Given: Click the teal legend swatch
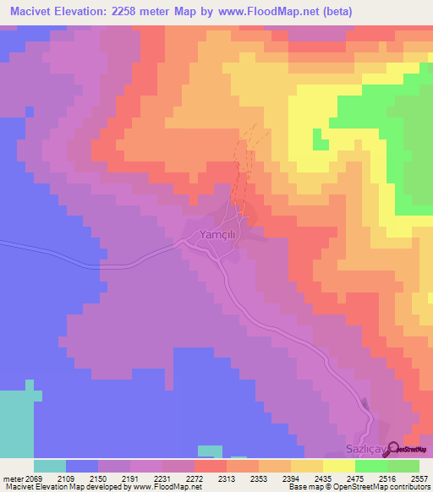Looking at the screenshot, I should coord(50,466).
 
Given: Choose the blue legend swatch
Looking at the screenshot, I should coord(82,466).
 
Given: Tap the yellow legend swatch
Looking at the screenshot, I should coord(339,466).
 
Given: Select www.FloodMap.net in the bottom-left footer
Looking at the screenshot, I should coord(160,487).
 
